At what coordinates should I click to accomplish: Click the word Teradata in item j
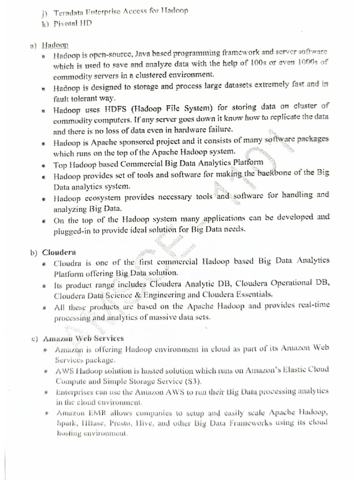(69, 11)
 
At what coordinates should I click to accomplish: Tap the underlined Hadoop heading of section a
(55, 45)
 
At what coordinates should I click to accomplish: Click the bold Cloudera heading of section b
(59, 252)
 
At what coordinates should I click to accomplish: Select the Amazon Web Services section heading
(83, 338)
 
